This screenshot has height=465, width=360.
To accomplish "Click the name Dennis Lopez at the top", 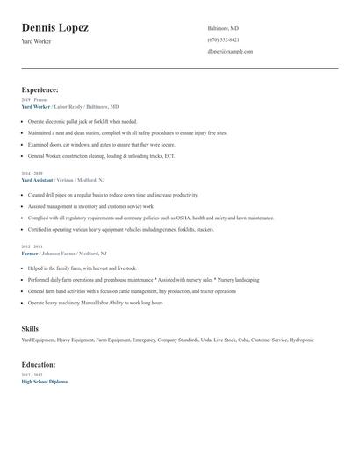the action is click(54, 29).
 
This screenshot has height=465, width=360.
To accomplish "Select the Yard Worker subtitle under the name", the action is click(37, 42).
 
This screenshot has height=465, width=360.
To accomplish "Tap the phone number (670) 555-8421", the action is click(223, 40).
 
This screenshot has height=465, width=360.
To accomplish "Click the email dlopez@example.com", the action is click(230, 52).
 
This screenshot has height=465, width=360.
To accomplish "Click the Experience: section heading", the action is click(40, 89).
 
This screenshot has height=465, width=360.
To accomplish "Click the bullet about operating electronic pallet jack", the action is click(83, 121).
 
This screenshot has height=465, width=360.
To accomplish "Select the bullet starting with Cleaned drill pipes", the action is click(112, 195).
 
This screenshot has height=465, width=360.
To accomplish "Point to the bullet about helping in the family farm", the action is click(83, 268).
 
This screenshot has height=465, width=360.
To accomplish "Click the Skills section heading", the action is click(30, 329).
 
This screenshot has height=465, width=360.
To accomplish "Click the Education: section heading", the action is click(39, 364).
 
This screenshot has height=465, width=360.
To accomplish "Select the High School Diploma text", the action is click(44, 382).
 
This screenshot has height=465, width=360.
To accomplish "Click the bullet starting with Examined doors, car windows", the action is click(101, 144).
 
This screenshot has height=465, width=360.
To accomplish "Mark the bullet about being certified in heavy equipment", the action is click(121, 229).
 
